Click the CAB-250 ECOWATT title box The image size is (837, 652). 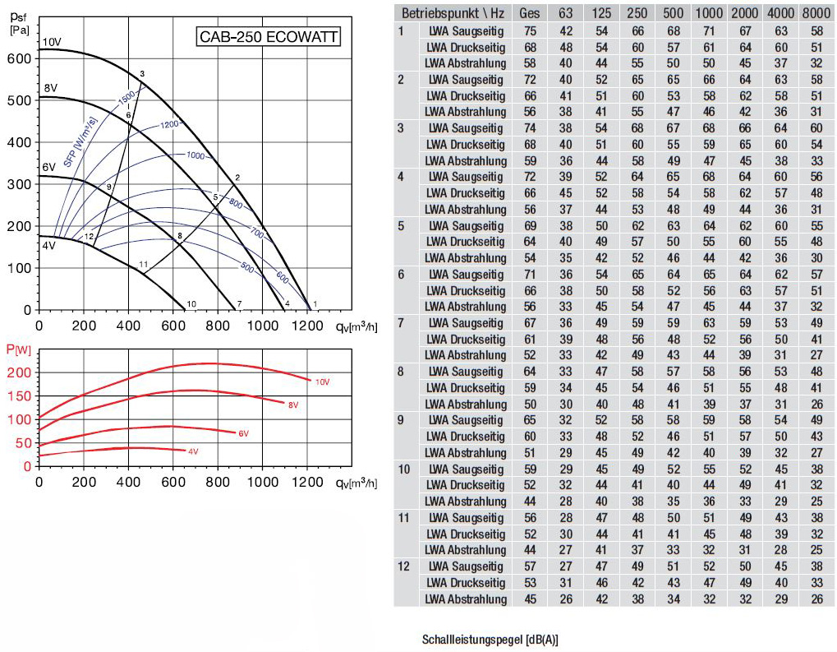coord(268,37)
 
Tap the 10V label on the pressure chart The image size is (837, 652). coord(51,42)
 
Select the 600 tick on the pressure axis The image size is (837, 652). coord(20,59)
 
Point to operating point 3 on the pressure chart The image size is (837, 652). coord(142,75)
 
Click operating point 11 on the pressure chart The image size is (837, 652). coord(143,264)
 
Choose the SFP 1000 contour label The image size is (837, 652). coord(195,155)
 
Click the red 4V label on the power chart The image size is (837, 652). coord(193,451)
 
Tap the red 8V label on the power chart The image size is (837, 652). coord(292,404)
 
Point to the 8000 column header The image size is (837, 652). coord(815,12)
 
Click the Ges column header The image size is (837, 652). coord(531,12)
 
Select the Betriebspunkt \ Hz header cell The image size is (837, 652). coord(451,12)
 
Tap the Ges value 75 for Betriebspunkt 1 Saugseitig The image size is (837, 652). coord(531,31)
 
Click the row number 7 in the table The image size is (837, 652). coord(402,322)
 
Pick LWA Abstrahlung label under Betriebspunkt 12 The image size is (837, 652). coord(466,599)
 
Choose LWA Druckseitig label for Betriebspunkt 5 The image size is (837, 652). coord(466,242)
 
